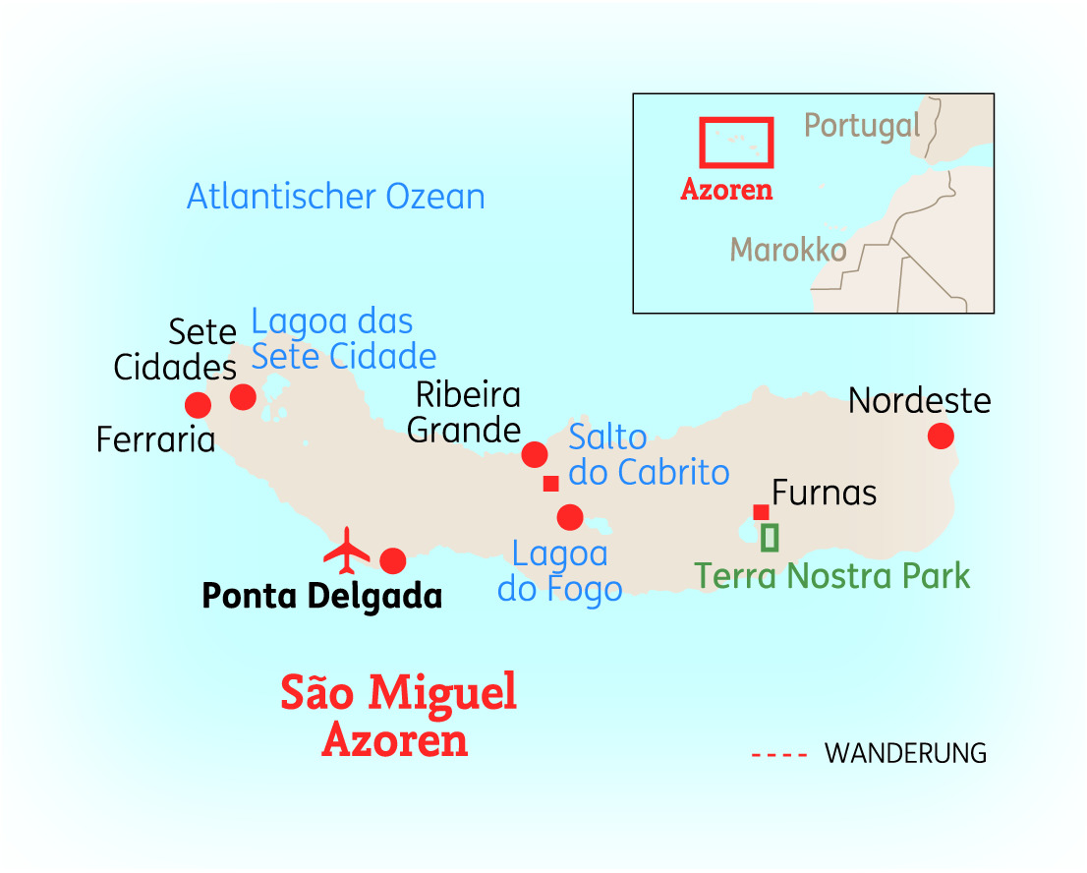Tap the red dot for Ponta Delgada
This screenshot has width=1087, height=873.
click(392, 560)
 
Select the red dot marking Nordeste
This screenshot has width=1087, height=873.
click(941, 436)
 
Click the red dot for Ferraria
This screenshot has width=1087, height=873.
click(198, 405)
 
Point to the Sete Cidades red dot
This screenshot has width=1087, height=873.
click(243, 396)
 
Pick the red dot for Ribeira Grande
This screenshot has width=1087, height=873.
click(535, 454)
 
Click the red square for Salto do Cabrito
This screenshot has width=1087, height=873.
click(550, 483)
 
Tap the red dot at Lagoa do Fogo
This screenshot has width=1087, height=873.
click(570, 516)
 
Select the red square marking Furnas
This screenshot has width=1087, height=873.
click(761, 511)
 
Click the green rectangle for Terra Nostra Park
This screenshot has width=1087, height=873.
click(770, 538)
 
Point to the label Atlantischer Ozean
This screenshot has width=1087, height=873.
click(336, 197)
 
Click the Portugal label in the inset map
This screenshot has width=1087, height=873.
click(862, 126)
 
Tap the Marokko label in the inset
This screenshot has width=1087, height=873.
click(788, 250)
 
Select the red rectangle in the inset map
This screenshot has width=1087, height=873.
click(736, 143)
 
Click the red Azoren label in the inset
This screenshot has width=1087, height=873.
click(726, 190)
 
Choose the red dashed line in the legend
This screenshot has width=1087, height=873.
click(779, 755)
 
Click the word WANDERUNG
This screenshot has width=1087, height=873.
click(905, 754)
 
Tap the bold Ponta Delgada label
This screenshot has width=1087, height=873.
click(321, 596)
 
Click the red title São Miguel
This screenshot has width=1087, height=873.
click(398, 693)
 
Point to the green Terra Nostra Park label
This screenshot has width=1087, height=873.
click(832, 576)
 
